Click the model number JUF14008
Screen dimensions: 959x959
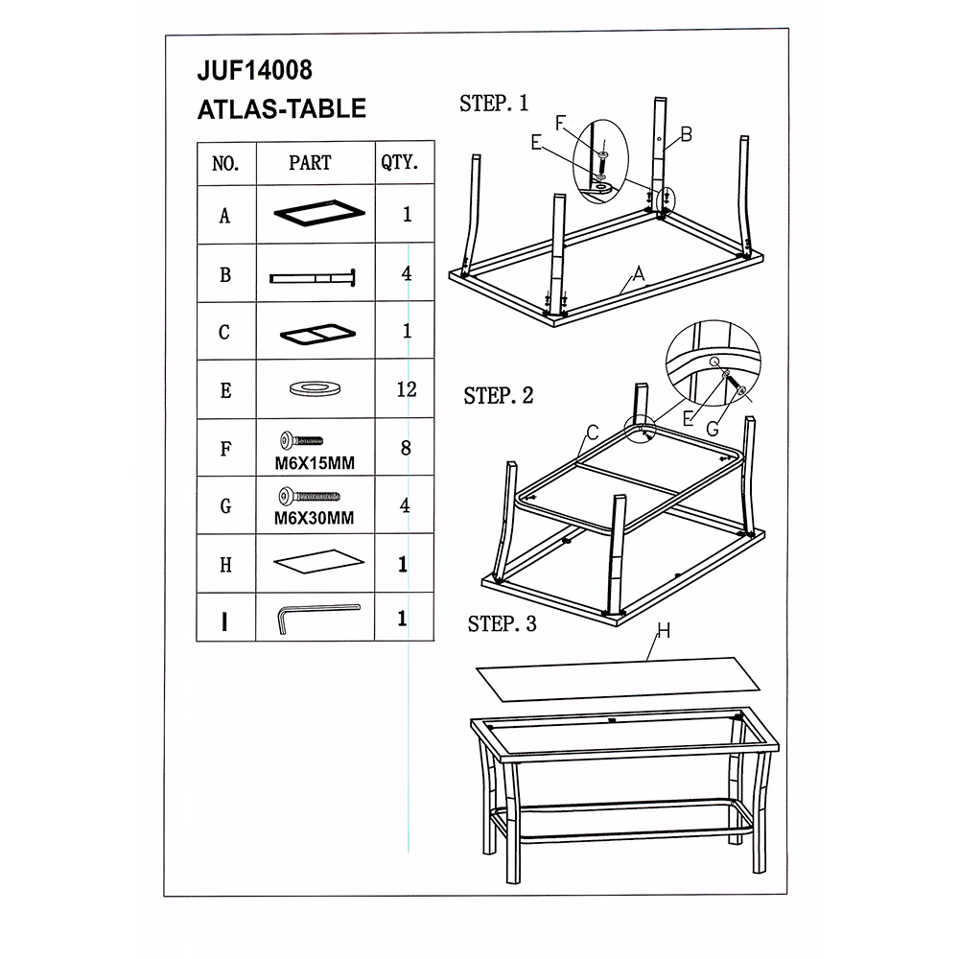(x=254, y=70)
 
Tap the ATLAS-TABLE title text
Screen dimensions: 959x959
(x=281, y=109)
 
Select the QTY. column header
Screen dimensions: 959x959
(x=399, y=162)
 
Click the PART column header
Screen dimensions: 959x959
(x=310, y=163)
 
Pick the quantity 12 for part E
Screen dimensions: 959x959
(x=407, y=389)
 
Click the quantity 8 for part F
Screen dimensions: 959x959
(x=406, y=448)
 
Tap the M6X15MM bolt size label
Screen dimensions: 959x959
(x=315, y=463)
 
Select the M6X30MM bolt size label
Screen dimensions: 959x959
(x=314, y=518)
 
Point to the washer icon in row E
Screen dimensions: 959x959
(x=315, y=387)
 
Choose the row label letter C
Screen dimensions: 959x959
(x=224, y=332)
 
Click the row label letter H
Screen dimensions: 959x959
(x=225, y=565)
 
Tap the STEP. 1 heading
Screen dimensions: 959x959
(x=494, y=104)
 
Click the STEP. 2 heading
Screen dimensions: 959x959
(x=499, y=396)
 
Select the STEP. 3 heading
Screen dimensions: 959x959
(x=503, y=624)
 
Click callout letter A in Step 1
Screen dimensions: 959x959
(x=639, y=273)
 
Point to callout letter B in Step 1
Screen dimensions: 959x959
(x=687, y=134)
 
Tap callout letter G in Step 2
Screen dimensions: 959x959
(x=713, y=430)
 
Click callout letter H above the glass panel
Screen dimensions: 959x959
(x=664, y=630)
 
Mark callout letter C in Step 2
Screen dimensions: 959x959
(x=592, y=433)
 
